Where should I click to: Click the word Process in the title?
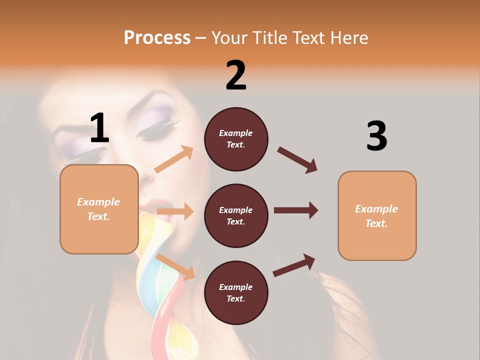tap(157, 38)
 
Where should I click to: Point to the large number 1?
tap(99, 128)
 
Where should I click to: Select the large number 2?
tap(236, 75)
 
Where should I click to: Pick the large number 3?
tap(376, 136)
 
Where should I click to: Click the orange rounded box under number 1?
tap(99, 209)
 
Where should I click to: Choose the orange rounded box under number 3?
tap(377, 215)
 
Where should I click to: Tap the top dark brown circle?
tap(236, 139)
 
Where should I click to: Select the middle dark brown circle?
tap(236, 215)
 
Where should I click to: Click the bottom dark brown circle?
tap(236, 292)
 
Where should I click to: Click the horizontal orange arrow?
tap(175, 211)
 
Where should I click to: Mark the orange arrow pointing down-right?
tap(175, 266)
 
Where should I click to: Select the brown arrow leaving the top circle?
tap(297, 160)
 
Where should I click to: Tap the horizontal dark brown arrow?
tap(295, 210)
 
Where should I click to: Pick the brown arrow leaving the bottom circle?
tap(294, 265)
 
